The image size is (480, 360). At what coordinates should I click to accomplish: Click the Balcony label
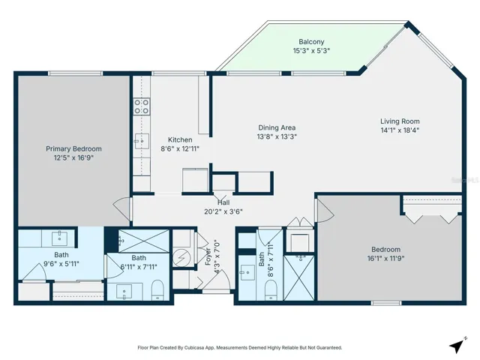(311, 41)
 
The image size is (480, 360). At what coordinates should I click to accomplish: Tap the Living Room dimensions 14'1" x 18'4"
(399, 130)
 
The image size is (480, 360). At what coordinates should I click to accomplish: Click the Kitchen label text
(180, 139)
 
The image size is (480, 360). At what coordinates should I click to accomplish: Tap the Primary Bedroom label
(73, 148)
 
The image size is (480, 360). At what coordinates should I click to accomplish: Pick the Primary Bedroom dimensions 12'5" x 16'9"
(73, 158)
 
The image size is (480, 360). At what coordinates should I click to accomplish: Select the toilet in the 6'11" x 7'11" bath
(157, 289)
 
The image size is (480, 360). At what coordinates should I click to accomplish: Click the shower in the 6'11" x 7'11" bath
(141, 240)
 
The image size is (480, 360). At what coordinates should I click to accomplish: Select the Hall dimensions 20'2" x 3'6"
(223, 211)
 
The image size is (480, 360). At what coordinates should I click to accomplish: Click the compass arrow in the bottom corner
(456, 346)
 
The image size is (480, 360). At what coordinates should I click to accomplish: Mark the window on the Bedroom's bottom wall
(385, 303)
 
